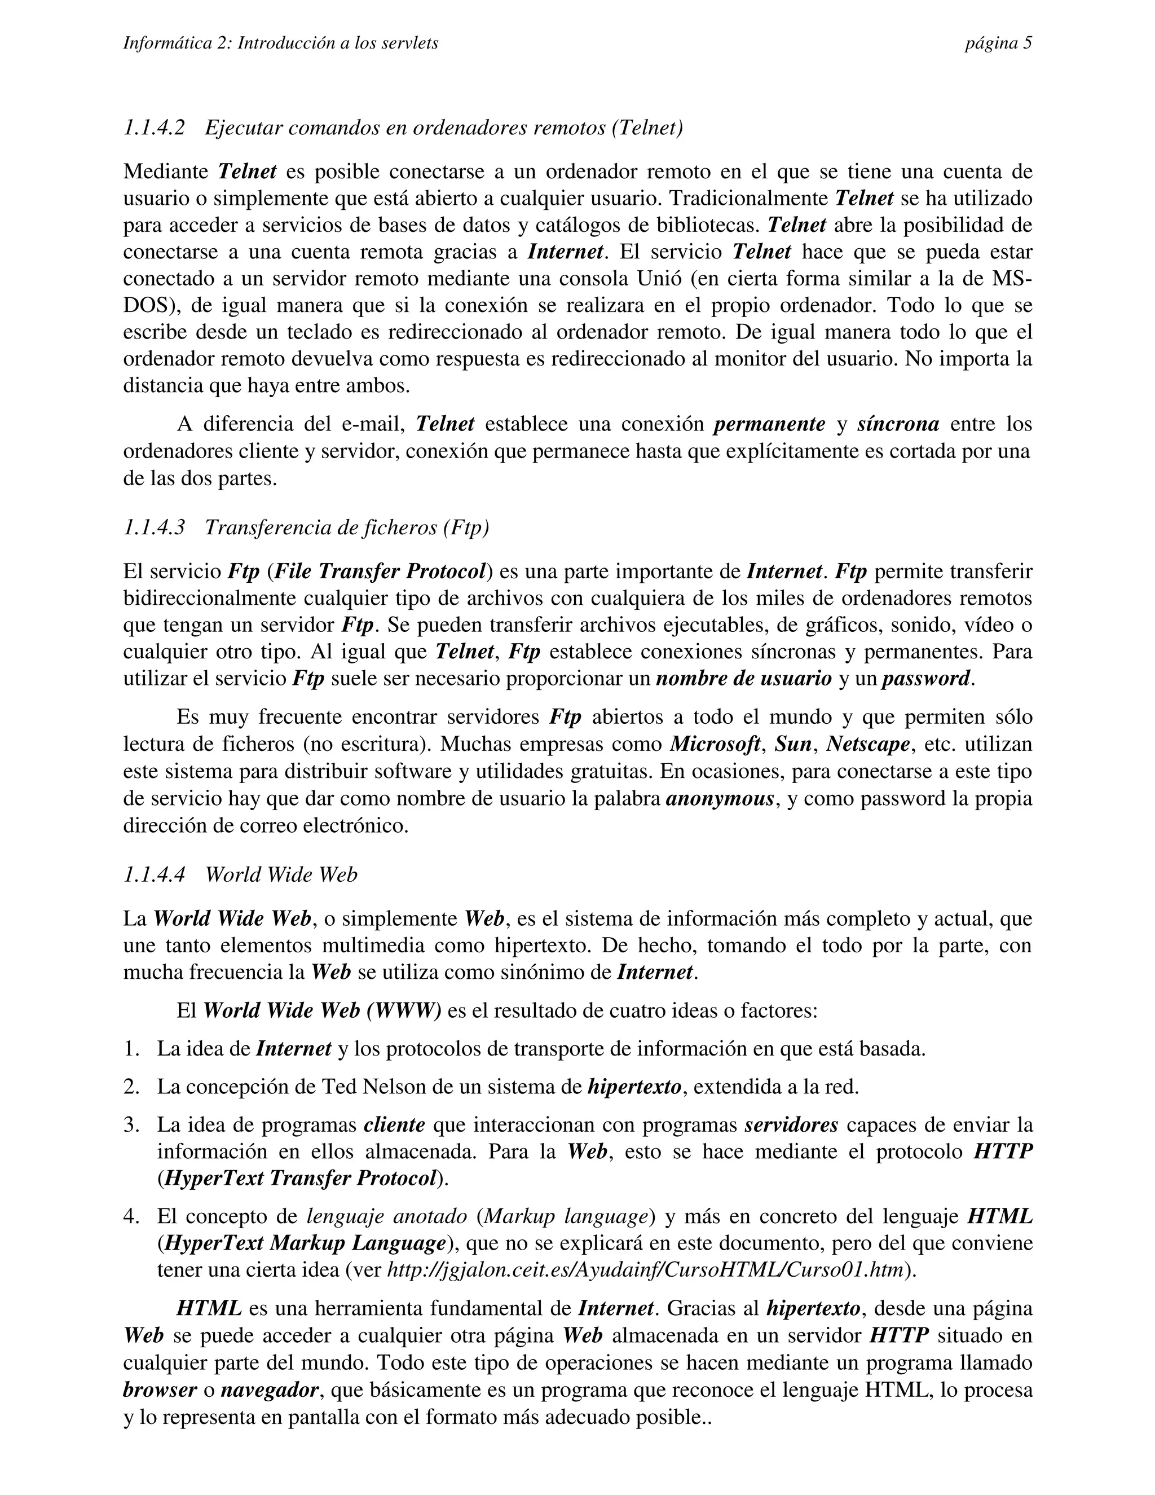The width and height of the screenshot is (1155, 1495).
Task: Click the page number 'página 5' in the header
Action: click(x=998, y=44)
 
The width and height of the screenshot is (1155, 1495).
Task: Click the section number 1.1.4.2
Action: click(x=154, y=128)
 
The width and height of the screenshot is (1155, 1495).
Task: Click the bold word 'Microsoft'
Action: click(x=715, y=744)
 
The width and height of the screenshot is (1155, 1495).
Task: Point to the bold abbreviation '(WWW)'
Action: click(x=404, y=1010)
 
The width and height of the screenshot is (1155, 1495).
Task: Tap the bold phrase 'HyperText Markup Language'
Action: click(x=305, y=1242)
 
